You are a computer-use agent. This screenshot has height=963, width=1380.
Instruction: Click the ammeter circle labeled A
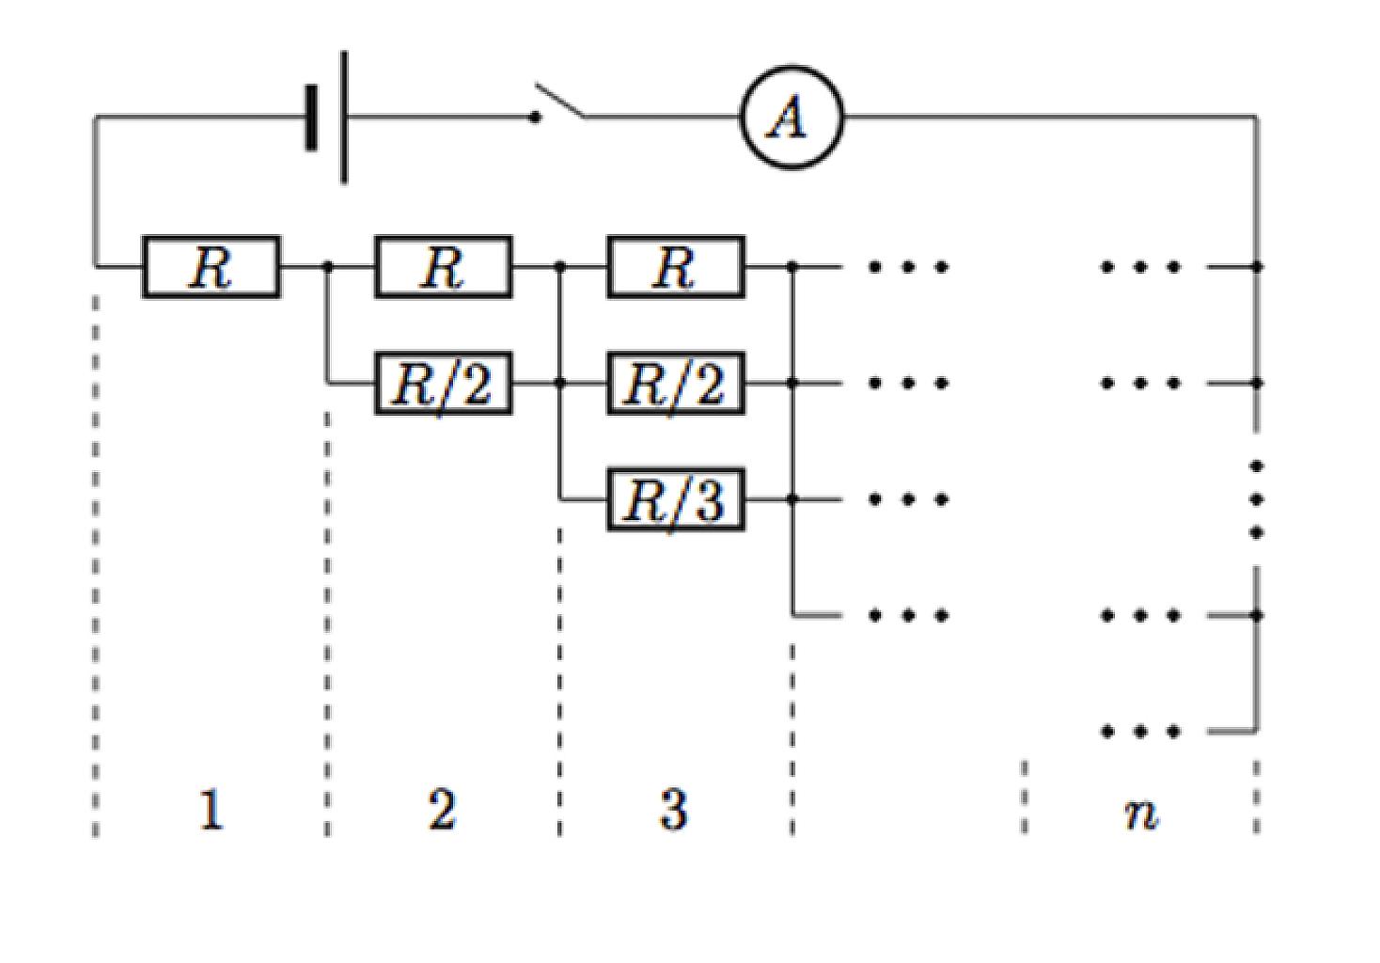[x=792, y=66]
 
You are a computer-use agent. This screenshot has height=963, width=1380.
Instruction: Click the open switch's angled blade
[x=559, y=99]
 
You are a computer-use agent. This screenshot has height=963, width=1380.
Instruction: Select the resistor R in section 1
[x=212, y=267]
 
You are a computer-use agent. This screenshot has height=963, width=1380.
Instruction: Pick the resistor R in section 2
[x=444, y=267]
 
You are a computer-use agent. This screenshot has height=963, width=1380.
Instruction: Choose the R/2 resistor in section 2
[x=444, y=384]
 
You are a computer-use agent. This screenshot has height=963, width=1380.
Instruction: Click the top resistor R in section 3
[x=676, y=267]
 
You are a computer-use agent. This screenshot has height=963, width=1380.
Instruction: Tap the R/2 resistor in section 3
[x=676, y=384]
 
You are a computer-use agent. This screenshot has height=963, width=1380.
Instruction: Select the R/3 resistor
[x=676, y=499]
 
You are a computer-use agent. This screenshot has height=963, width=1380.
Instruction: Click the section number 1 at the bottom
[x=212, y=810]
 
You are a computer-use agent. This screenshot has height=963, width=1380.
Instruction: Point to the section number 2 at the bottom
[x=443, y=810]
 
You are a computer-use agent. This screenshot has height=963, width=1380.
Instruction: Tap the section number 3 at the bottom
[x=673, y=810]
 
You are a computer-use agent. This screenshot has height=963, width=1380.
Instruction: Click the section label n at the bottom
[x=1141, y=814]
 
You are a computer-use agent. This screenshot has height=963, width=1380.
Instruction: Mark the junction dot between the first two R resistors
[x=328, y=267]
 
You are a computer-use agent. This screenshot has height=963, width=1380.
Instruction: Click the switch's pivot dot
[x=535, y=117]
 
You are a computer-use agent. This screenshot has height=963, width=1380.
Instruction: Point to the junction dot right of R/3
[x=792, y=499]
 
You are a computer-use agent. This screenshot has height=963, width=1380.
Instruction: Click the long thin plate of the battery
[x=344, y=117]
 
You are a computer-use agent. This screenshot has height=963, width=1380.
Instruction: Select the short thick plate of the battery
[x=312, y=117]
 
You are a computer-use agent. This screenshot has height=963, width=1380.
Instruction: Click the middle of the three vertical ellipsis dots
[x=1257, y=499]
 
